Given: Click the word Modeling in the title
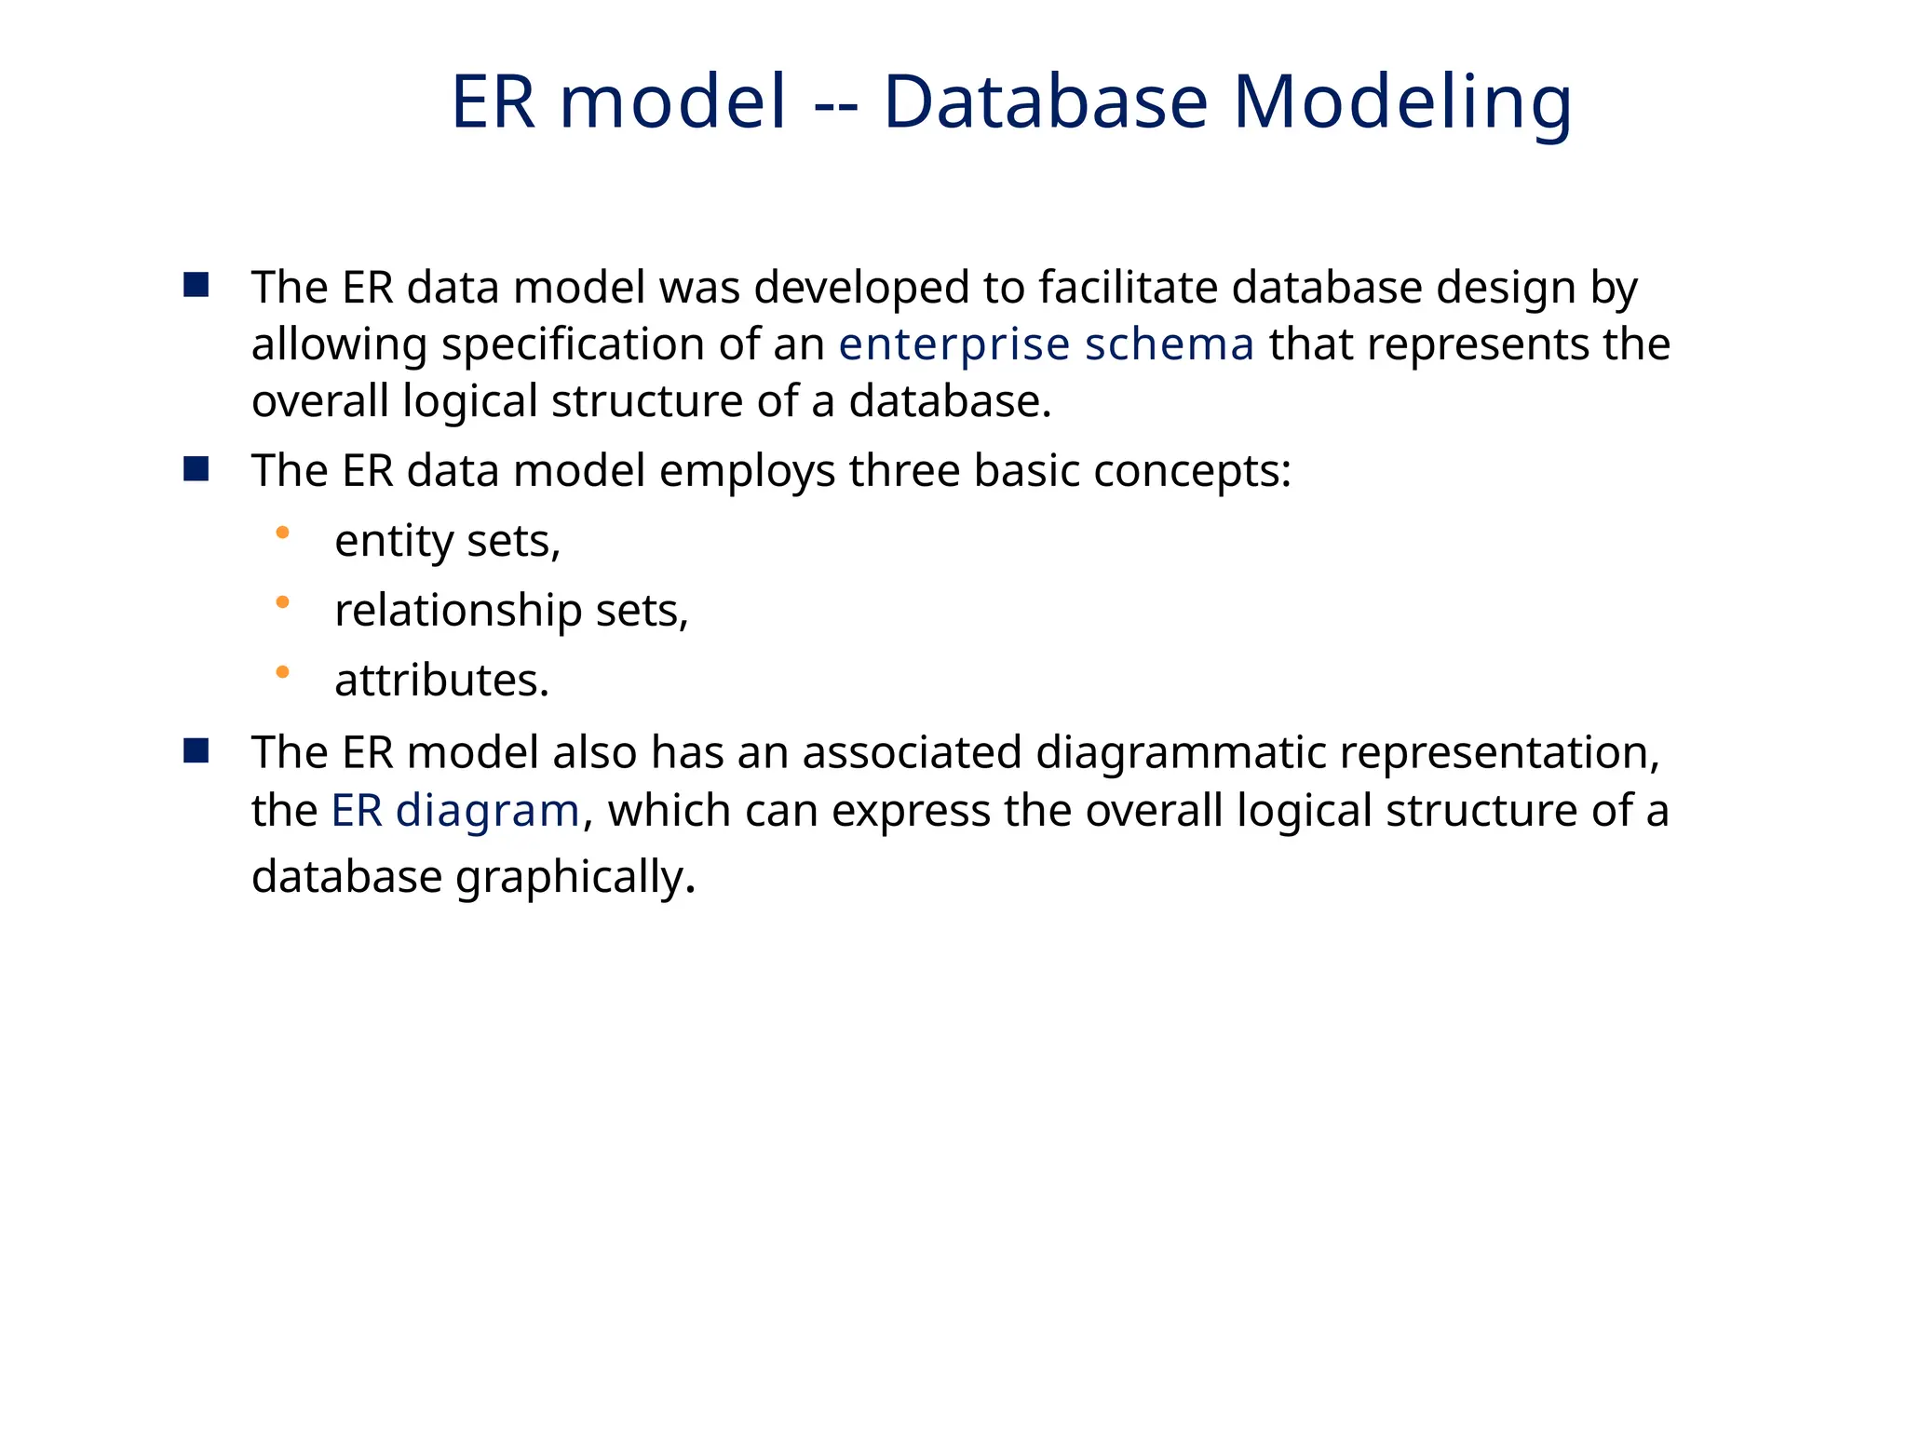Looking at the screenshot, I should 1402,102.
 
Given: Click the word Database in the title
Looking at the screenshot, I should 1045,102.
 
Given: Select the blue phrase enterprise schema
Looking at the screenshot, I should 1046,344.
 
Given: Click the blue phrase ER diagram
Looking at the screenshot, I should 455,810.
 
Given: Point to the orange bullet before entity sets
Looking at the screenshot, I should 283,533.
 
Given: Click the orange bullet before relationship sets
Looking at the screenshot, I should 283,602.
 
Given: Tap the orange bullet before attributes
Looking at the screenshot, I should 283,671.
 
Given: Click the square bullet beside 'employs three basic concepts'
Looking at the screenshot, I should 196,468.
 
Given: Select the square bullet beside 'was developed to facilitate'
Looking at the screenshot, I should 196,285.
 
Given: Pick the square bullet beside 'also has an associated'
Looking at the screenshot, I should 196,750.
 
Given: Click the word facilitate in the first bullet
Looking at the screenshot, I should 1128,287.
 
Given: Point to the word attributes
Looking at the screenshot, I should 441,681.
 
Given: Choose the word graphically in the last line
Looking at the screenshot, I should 575,877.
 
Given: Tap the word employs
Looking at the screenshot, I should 747,472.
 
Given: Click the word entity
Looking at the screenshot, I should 393,542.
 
